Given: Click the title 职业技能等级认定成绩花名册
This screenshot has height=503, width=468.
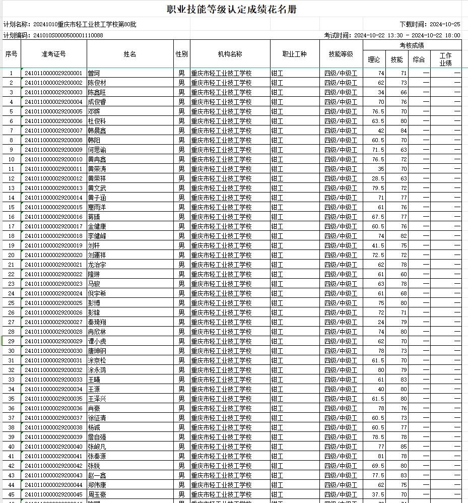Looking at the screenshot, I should [x=234, y=9].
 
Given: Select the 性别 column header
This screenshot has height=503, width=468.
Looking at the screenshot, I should [x=181, y=54].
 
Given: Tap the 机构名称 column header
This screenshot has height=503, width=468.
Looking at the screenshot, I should [x=230, y=54].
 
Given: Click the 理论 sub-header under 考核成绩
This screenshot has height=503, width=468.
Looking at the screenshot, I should [x=374, y=59].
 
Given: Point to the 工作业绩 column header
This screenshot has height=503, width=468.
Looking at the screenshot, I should [x=445, y=59].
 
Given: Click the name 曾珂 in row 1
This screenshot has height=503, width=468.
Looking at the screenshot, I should [x=94, y=73].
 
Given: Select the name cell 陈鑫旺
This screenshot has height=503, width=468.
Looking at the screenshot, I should [x=97, y=92].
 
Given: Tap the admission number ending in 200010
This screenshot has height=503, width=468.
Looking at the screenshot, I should [x=53, y=159].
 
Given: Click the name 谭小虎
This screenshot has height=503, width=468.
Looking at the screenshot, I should [x=97, y=341].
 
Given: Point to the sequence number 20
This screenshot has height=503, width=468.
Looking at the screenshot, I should [x=11, y=255].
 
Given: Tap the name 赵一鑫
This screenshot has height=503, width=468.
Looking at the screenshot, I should [x=97, y=475].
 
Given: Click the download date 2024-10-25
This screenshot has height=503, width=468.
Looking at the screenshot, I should [x=445, y=24].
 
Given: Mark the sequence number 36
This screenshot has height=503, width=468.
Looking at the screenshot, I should [x=11, y=408].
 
